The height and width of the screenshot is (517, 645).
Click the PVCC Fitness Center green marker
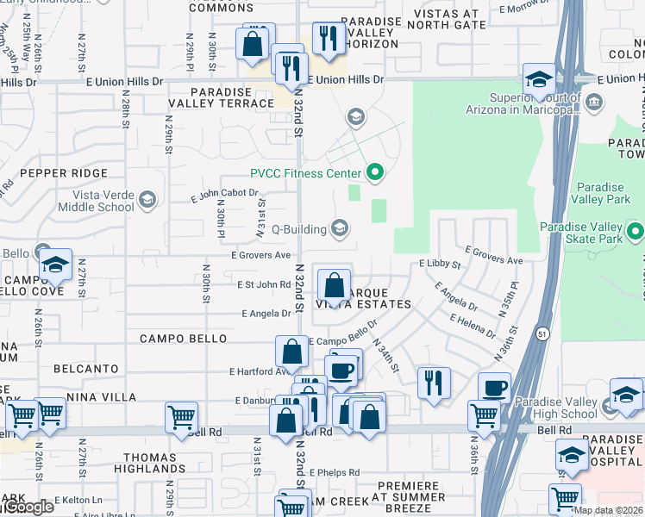(374, 173)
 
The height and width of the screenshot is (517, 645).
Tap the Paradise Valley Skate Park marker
(636, 232)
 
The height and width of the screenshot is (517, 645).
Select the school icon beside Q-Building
(340, 228)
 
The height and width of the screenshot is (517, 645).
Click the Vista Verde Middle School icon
(147, 201)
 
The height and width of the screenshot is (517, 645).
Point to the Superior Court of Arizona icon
(593, 103)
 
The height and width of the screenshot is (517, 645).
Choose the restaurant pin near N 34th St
(434, 381)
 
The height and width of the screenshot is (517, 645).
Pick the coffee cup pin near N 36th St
(494, 387)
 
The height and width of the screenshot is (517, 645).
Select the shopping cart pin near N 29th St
(182, 417)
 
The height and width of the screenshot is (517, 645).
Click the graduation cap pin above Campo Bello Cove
(55, 265)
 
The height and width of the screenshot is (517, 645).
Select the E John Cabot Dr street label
(224, 196)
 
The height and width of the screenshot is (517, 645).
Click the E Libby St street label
(440, 262)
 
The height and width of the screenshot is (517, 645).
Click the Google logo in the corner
(28, 507)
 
